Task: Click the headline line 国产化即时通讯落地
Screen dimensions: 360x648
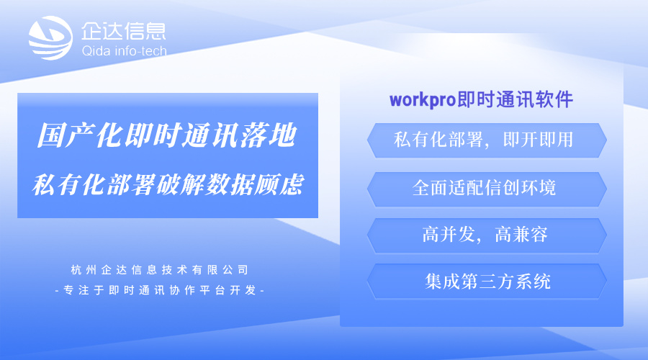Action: point(166,135)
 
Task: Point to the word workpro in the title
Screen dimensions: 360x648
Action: point(423,99)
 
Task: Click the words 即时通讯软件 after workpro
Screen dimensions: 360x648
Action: point(516,99)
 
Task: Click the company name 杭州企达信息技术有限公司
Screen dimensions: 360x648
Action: point(160,270)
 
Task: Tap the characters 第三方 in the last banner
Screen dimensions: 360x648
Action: point(487,281)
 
